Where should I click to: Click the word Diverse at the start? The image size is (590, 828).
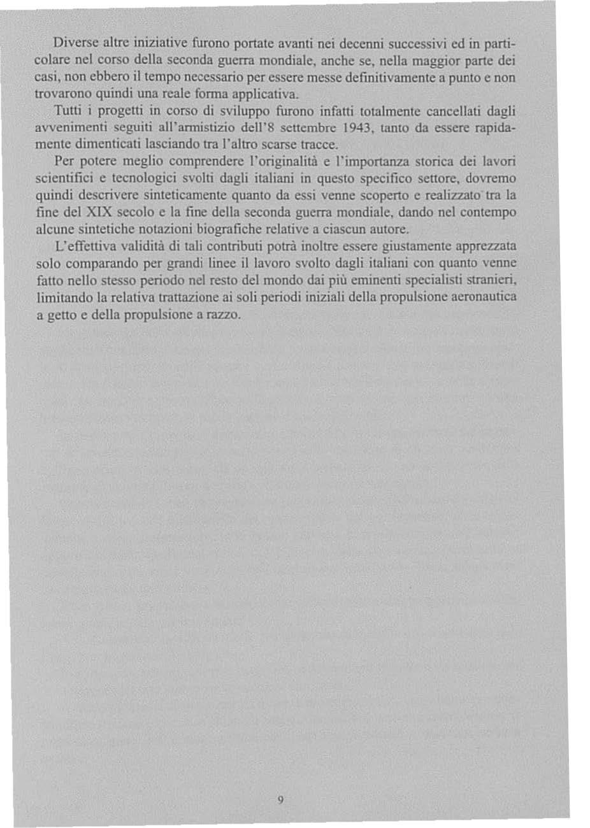tap(72, 44)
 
